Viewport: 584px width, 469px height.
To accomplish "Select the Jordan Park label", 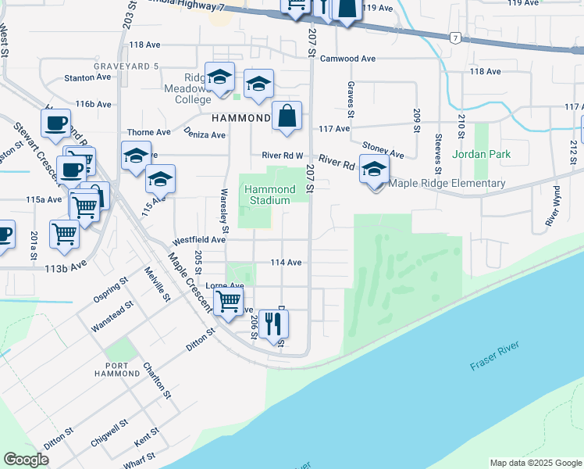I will click(x=486, y=154).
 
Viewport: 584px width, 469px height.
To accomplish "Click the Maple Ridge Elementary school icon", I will click(x=375, y=170).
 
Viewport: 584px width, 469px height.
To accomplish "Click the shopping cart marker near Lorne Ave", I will click(x=229, y=301).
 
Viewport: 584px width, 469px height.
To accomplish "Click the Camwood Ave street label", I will click(x=348, y=59).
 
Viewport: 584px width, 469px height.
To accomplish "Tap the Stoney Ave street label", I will click(x=383, y=149).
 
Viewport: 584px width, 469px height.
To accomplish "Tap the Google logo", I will click(x=26, y=460).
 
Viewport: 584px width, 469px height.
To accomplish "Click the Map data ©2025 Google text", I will click(x=534, y=463).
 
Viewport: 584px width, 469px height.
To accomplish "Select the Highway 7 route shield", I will click(x=455, y=38).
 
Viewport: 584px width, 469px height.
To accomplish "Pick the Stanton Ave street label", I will click(x=84, y=78).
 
